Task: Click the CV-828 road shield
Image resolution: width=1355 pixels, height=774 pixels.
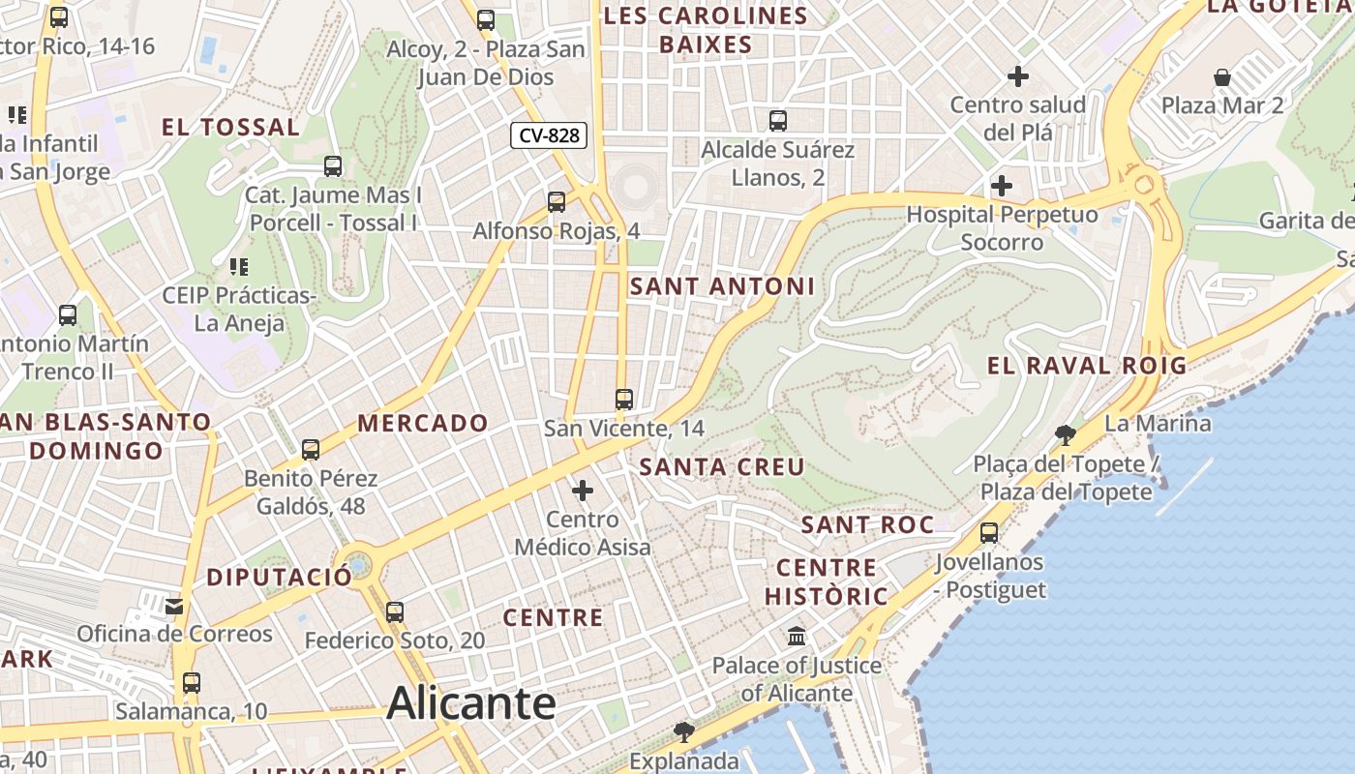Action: [550, 135]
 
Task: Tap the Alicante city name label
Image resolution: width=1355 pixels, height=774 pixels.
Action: [471, 703]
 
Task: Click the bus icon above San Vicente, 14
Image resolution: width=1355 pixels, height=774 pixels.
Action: [624, 399]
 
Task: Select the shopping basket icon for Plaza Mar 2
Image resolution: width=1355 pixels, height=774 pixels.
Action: [1222, 76]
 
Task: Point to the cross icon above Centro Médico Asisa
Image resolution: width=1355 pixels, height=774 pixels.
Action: [583, 491]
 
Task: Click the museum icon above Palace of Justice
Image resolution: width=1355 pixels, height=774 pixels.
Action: [797, 636]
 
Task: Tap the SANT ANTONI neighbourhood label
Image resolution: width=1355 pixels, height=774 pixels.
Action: [722, 286]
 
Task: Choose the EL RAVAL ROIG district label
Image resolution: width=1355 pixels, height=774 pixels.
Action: [1086, 365]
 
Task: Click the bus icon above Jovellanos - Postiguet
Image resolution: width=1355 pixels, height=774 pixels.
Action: [989, 532]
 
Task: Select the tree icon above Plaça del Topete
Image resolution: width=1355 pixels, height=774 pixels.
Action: [1066, 435]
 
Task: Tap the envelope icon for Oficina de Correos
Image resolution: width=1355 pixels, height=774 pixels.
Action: [174, 606]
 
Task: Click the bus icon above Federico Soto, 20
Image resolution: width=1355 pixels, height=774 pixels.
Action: [394, 611]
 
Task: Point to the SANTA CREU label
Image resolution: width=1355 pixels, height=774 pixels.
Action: [722, 466]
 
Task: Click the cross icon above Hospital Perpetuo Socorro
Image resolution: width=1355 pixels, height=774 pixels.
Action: [1002, 185]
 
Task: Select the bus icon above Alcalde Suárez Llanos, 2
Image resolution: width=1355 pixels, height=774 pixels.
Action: [778, 121]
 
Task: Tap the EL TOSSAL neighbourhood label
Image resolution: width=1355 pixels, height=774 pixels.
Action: [230, 127]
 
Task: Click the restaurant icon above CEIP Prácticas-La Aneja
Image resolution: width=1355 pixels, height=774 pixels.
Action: [238, 266]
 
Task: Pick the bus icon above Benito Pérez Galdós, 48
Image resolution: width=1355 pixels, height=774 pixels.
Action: [311, 449]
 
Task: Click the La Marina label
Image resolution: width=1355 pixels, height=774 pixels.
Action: [1157, 423]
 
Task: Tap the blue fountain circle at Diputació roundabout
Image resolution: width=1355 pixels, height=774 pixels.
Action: [358, 563]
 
